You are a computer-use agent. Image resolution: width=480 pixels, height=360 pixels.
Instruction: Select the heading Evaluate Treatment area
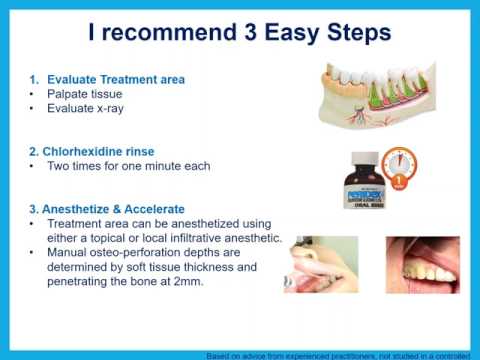pos(110,77)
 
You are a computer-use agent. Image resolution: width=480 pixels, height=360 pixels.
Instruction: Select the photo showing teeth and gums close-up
pos(422,264)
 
